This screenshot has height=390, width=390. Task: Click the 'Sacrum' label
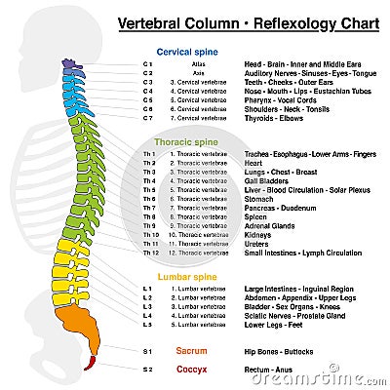[190, 349]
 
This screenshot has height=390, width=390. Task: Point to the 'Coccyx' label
[190, 370]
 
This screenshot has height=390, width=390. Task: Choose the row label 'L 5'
[147, 326]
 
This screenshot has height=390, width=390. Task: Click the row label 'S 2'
[147, 370]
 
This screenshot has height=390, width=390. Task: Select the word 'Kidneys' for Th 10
[258, 235]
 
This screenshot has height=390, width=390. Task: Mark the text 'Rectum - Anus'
[269, 370]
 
